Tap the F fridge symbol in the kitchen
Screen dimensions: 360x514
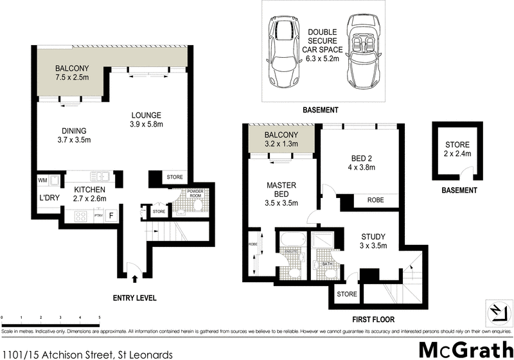pyautogui.click(x=111, y=215)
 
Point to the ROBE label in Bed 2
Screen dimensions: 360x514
pyautogui.click(x=376, y=201)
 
